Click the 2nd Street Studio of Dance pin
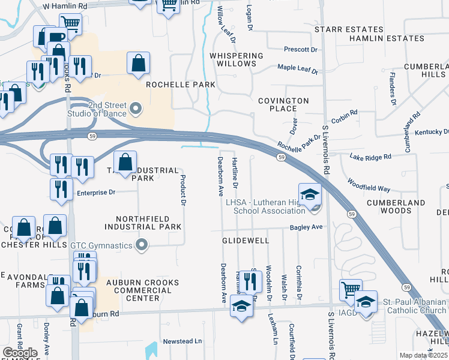(x=136, y=109)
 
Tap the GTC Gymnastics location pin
(x=142, y=244)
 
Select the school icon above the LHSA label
(x=310, y=194)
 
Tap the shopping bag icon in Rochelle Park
(x=138, y=62)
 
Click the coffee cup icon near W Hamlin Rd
(x=58, y=37)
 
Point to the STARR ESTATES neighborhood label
(x=349, y=29)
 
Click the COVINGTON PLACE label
(x=283, y=105)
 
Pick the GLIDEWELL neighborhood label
(x=245, y=240)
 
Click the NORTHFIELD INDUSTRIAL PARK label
(x=143, y=223)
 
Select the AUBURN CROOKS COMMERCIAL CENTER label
(x=134, y=290)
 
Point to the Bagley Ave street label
(x=306, y=227)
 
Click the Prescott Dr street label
(x=300, y=49)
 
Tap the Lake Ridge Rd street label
(x=370, y=157)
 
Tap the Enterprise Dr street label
(x=95, y=193)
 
